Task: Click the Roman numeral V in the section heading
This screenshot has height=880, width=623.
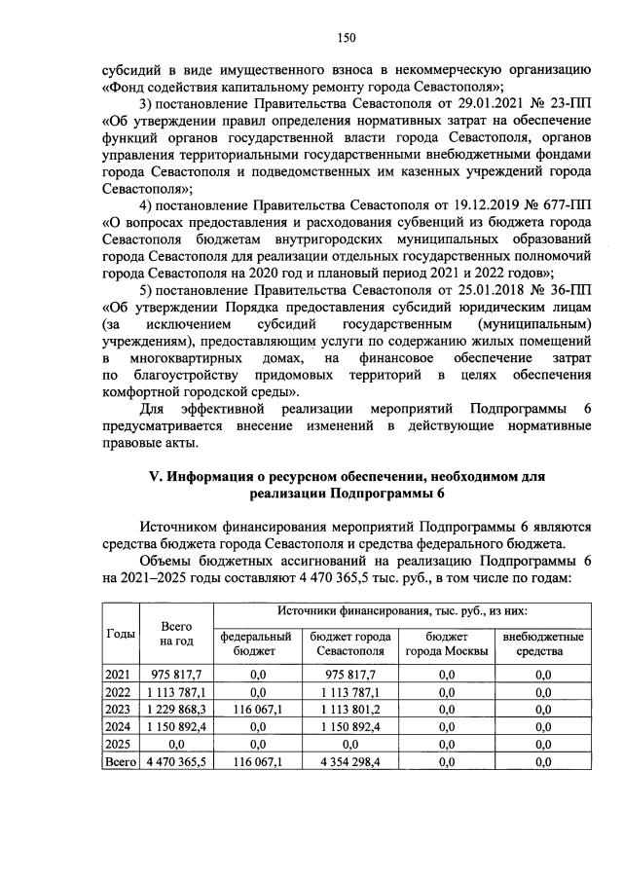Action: coord(152,476)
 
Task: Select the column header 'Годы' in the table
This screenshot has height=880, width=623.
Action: coord(120,633)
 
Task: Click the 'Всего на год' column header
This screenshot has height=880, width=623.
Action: coord(176,634)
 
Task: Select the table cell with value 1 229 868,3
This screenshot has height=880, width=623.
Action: coord(177,708)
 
